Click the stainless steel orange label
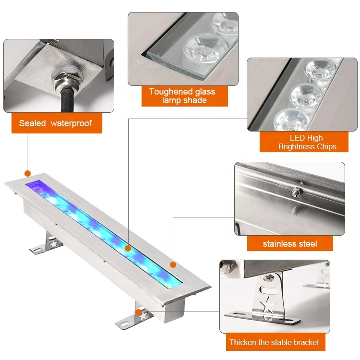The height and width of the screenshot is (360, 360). click(x=289, y=243)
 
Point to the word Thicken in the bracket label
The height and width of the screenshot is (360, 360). click(x=243, y=342)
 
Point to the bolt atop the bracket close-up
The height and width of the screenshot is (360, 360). click(x=269, y=277)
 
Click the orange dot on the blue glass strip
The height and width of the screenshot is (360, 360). click(x=128, y=248)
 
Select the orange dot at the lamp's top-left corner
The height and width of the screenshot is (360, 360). click(x=27, y=173)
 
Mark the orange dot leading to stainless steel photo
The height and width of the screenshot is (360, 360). click(x=173, y=264)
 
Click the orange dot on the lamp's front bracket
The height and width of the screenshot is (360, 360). click(x=138, y=312)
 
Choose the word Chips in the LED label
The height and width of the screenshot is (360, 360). click(x=326, y=146)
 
